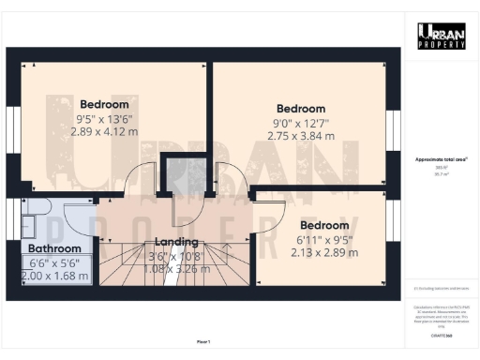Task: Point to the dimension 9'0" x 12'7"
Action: pyautogui.click(x=301, y=123)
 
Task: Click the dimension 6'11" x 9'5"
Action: pyautogui.click(x=325, y=239)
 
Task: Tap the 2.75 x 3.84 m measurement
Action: pyautogui.click(x=301, y=137)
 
